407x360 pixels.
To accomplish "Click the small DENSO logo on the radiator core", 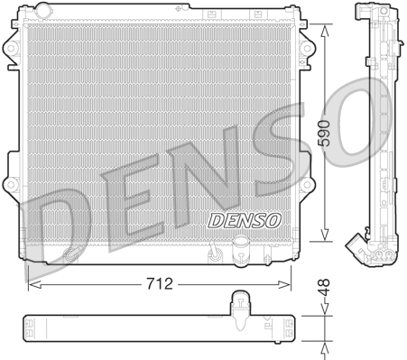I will click(x=245, y=218).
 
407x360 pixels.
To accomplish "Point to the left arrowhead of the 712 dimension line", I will click(x=32, y=283).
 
